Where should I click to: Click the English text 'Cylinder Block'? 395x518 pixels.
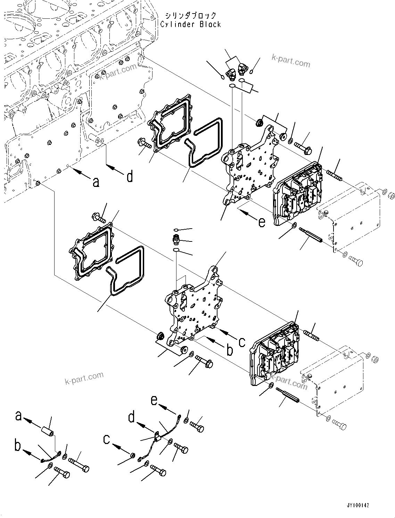click(190, 24)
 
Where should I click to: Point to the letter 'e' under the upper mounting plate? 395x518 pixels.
click(262, 221)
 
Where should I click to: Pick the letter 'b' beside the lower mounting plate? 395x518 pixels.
click(229, 351)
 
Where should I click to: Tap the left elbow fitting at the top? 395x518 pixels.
click(230, 73)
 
